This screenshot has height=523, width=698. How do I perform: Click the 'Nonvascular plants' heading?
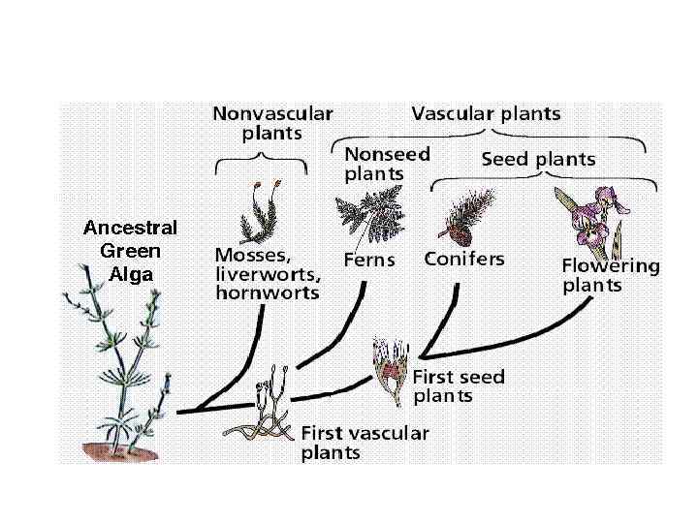click(272, 123)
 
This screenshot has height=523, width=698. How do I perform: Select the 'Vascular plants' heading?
click(486, 113)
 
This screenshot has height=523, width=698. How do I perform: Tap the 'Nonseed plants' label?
click(388, 164)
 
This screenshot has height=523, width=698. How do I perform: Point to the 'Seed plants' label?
click(538, 159)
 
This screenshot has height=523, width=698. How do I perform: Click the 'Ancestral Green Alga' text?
click(130, 251)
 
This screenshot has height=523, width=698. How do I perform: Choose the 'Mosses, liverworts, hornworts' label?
click(267, 274)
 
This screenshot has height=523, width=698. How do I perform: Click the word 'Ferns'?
click(369, 261)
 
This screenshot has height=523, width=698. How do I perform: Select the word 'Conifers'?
click(463, 260)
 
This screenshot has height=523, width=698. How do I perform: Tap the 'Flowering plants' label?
click(610, 275)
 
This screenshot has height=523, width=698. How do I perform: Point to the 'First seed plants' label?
click(459, 385)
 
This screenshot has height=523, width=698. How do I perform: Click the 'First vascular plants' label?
click(365, 443)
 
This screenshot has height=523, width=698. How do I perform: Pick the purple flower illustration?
click(589, 221)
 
